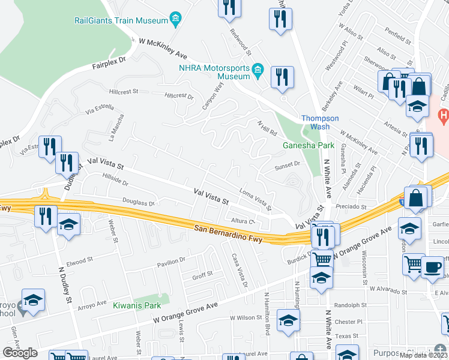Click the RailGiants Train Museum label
[x=121, y=20]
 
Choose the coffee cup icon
[x=432, y=266]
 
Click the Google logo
[x=20, y=353]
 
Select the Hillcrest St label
[x=124, y=92]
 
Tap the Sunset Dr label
[x=287, y=164]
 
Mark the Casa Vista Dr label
[x=238, y=269]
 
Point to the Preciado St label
[x=347, y=206]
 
